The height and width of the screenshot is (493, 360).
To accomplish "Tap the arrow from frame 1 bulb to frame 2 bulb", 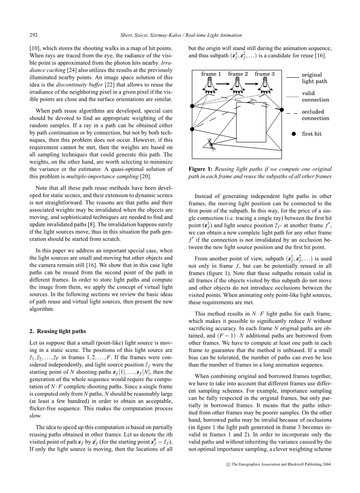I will [224, 84].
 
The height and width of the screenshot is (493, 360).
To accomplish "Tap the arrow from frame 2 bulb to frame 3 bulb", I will [251, 84].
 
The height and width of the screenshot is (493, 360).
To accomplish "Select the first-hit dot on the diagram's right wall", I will [282, 110].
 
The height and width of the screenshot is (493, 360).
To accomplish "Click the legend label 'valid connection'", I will [315, 96].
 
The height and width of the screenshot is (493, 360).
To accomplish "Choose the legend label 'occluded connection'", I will [315, 115].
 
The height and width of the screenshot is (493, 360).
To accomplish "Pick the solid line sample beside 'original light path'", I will [292, 77].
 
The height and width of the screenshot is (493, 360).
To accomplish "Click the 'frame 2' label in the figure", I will [238, 74].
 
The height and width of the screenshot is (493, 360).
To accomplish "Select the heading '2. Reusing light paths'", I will [57, 331].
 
